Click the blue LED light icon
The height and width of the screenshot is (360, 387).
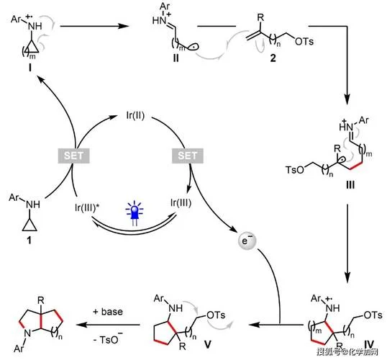(134, 212)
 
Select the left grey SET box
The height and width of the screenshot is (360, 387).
(74, 156)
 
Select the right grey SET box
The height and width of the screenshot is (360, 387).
(188, 156)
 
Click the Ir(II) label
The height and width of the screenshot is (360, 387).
(135, 115)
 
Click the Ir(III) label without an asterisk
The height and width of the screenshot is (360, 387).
(181, 202)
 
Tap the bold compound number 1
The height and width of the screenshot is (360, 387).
(29, 240)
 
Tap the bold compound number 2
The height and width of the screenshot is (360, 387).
(273, 58)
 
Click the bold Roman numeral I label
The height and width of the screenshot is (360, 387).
(30, 68)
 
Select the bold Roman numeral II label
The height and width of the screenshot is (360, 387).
(176, 58)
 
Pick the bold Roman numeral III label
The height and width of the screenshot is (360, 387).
(350, 185)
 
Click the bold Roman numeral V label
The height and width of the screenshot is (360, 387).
(208, 344)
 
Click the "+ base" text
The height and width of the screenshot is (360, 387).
(108, 312)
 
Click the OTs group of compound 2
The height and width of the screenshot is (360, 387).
(304, 41)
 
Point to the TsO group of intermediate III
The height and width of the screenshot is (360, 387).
(295, 170)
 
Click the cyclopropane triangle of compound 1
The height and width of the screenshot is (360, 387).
(29, 225)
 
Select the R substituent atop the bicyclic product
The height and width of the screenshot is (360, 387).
(41, 300)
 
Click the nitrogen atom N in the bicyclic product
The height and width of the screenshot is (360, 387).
(27, 333)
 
